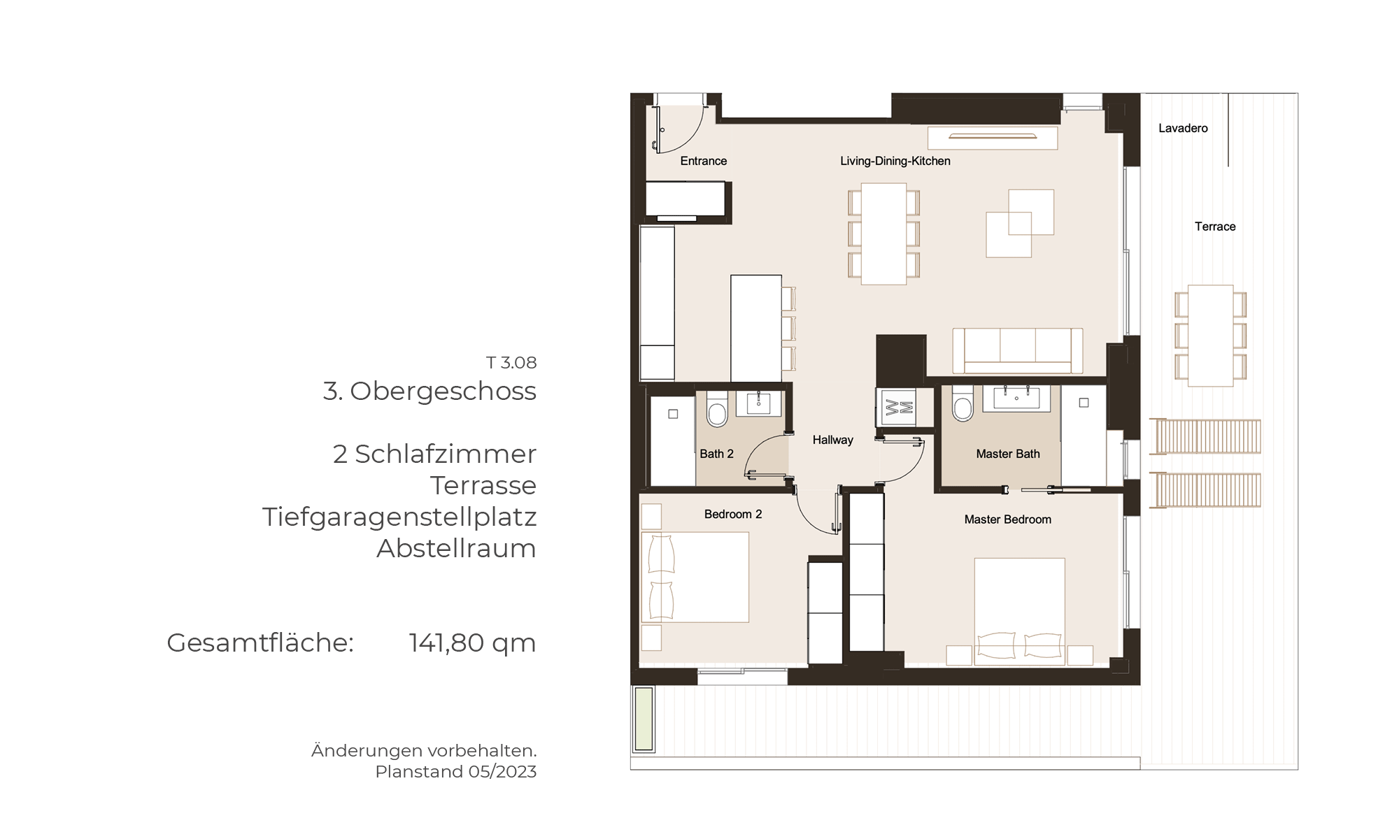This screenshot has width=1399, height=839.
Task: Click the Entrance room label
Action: (703, 161)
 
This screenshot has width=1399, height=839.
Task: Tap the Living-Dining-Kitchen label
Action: (895, 161)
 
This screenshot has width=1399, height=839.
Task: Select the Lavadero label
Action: (1183, 128)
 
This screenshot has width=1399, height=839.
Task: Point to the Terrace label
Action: (1215, 227)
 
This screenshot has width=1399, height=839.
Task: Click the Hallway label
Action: (832, 440)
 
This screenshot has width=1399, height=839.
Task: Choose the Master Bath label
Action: (1008, 454)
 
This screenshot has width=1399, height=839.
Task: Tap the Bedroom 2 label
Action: (733, 514)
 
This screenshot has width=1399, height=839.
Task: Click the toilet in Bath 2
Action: (717, 409)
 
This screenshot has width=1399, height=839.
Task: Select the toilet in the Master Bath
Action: (963, 404)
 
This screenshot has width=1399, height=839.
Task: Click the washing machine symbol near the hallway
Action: (896, 407)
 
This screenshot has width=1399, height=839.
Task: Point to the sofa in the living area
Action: (1018, 351)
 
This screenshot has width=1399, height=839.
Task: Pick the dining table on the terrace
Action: (1210, 336)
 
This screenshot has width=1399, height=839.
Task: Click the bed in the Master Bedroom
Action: (1020, 611)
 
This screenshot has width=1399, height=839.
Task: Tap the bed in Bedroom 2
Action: (695, 578)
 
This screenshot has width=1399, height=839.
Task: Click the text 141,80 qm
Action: (472, 643)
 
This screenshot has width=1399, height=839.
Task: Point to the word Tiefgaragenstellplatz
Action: (399, 517)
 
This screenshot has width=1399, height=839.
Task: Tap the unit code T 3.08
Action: (511, 363)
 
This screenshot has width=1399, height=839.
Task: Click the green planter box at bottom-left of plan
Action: (644, 719)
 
